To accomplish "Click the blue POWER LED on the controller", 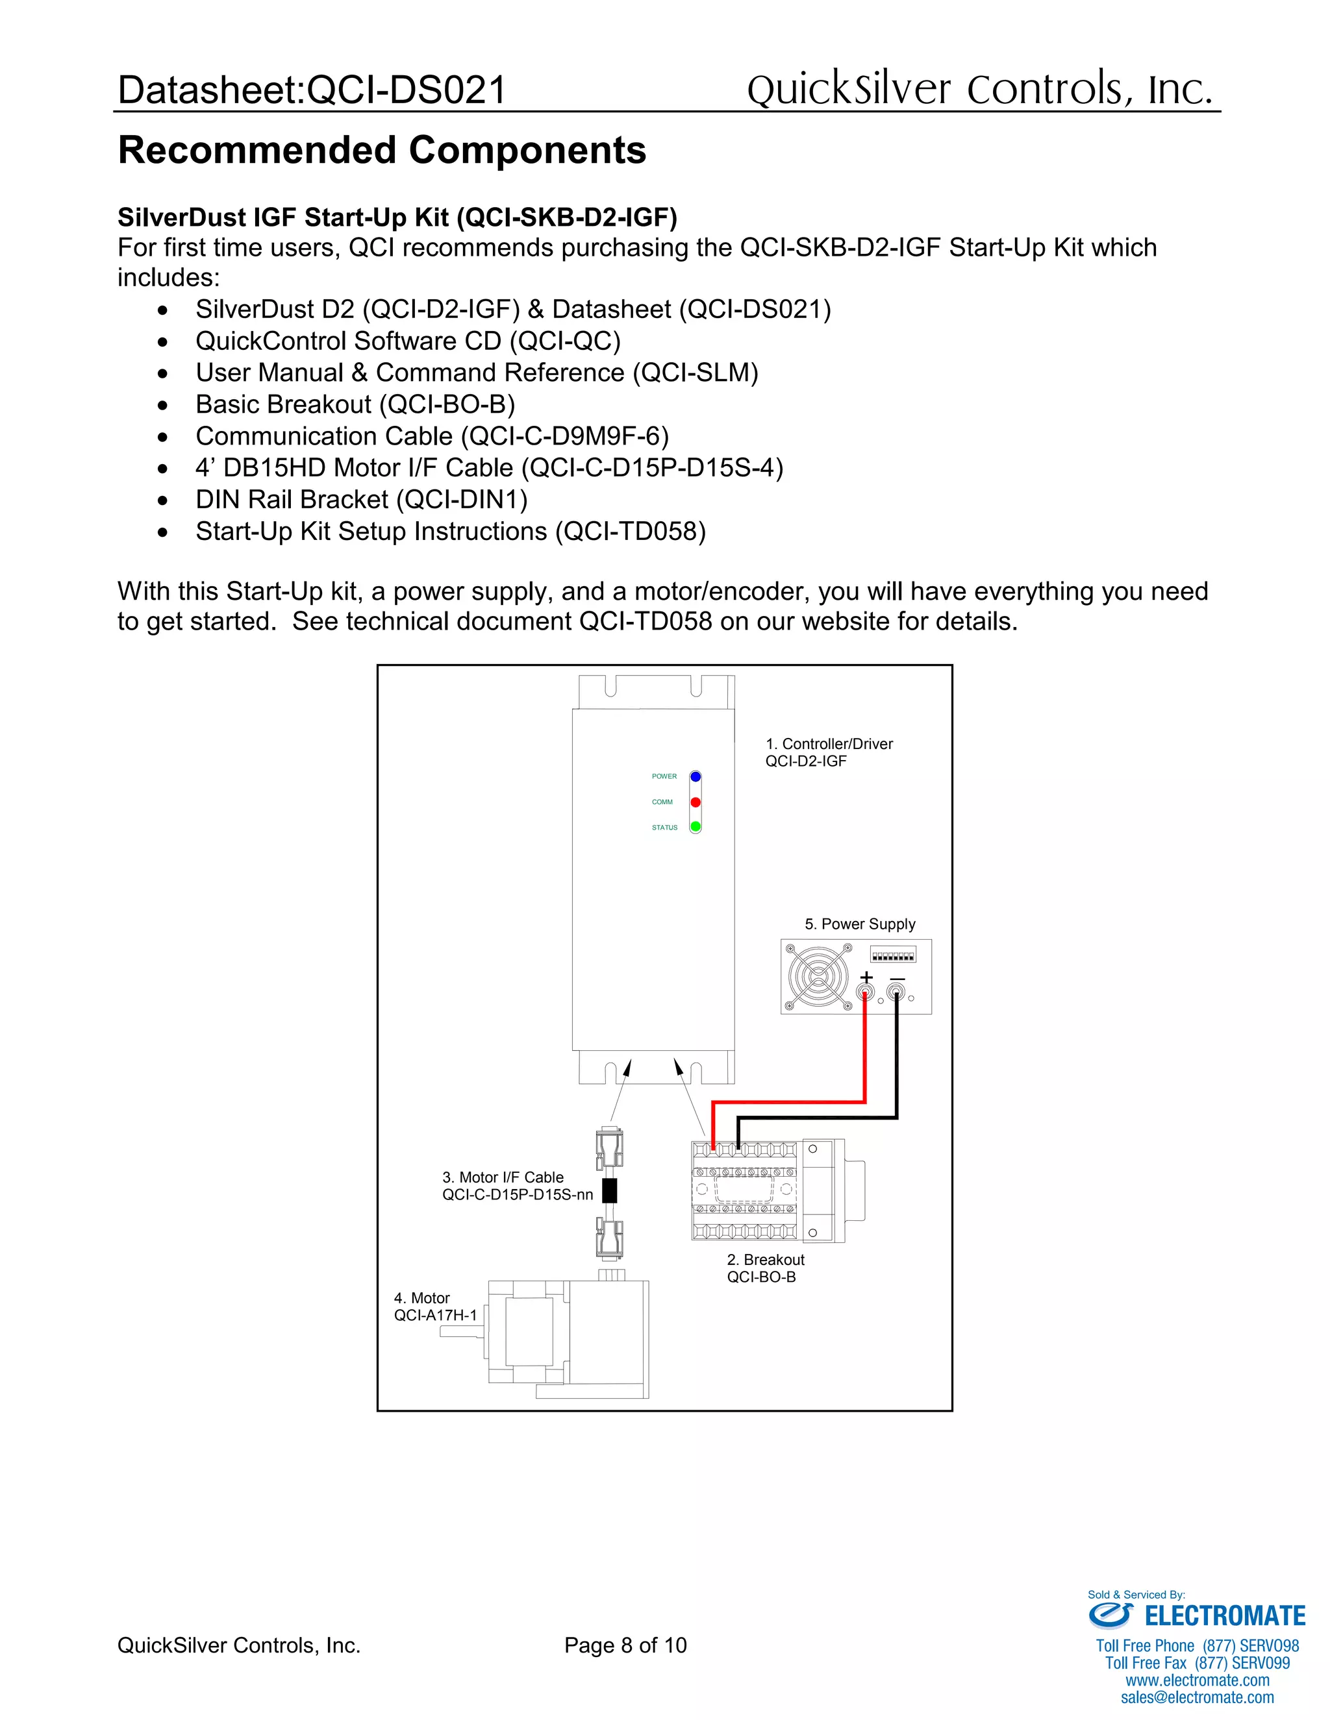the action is [695, 776].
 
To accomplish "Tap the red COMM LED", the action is [695, 802].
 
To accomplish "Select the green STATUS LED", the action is [695, 827].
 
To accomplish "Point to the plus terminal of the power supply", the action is [865, 992].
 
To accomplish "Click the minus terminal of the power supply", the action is [896, 992].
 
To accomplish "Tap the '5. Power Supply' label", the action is [860, 924].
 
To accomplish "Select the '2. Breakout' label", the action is [765, 1260].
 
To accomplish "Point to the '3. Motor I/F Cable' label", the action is [503, 1177].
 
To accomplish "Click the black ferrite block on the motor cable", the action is [609, 1191].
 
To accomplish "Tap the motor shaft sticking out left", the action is [462, 1333].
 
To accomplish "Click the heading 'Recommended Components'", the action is [382, 151].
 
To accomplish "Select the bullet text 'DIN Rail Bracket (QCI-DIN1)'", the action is [362, 499].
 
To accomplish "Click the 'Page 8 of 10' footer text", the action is [625, 1645].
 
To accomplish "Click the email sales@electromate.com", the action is [1197, 1697].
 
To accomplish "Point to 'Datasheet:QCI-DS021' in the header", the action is [312, 90].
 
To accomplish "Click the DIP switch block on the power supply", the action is [893, 955].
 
